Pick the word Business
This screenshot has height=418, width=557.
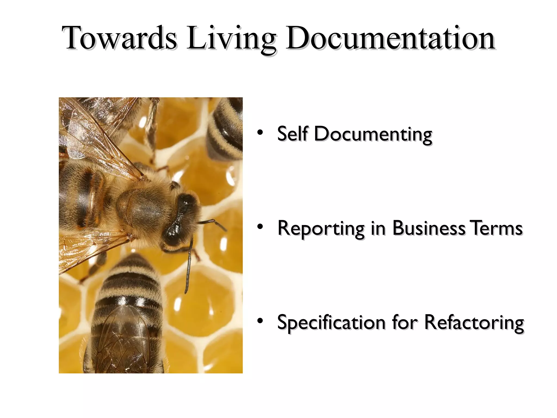click(x=428, y=228)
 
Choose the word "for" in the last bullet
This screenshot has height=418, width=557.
click(x=404, y=322)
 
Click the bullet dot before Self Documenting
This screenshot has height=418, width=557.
click(x=260, y=133)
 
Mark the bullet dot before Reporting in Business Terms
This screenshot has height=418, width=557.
click(x=260, y=226)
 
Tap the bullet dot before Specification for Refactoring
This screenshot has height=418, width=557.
click(x=260, y=321)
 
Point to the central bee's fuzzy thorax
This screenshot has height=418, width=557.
click(x=144, y=207)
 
